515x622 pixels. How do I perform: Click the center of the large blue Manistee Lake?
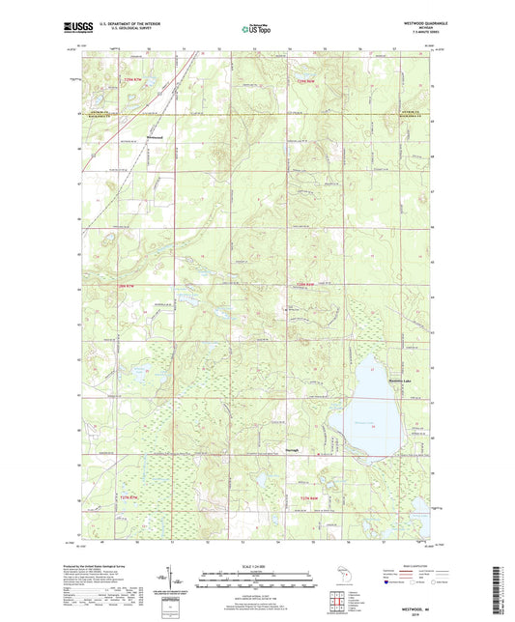372,406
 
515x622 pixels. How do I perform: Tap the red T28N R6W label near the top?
307,81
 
